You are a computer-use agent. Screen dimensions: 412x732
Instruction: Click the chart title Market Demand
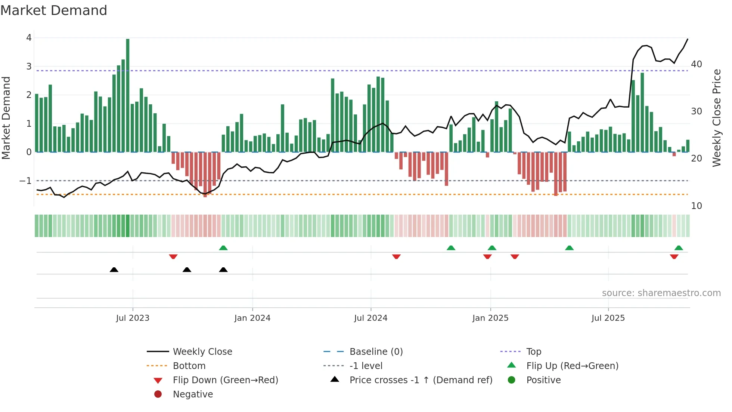54,10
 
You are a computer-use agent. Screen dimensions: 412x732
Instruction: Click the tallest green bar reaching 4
128,95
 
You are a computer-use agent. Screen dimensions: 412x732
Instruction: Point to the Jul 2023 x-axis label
133,318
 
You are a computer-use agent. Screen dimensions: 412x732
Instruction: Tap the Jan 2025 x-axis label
490,318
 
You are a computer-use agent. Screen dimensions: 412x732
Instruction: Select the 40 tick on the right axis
697,64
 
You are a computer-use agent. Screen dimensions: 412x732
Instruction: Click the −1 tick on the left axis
26,181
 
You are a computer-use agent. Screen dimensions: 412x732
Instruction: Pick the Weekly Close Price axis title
716,118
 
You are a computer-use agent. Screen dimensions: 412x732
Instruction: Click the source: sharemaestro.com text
661,293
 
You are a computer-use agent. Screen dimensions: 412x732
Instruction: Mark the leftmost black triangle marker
114,270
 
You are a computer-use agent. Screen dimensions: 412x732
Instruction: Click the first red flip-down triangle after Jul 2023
173,257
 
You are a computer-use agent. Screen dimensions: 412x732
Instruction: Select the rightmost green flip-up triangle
679,248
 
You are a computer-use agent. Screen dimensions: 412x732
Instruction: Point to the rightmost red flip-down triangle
674,257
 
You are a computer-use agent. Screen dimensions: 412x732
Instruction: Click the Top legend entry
534,352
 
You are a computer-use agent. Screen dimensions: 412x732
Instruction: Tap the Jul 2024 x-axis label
370,318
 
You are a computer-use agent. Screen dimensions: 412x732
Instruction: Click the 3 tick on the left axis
29,67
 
